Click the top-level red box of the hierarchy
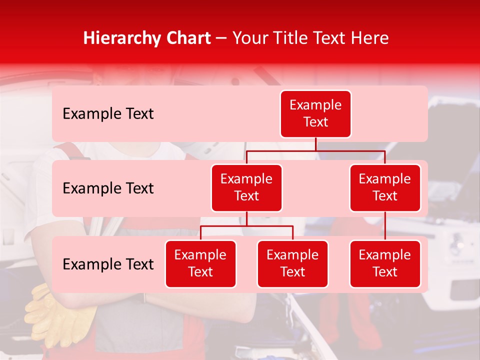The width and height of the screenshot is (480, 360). (315, 113)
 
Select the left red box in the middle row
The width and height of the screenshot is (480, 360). (246, 187)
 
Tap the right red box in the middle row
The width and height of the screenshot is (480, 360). (385, 187)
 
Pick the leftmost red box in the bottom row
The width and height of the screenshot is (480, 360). (200, 263)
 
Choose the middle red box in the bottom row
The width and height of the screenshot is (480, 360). (292, 263)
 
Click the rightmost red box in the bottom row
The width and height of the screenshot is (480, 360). (385, 263)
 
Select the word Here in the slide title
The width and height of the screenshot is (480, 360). (369, 38)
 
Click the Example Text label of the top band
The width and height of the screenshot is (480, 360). (108, 114)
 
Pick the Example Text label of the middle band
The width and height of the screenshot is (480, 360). (108, 188)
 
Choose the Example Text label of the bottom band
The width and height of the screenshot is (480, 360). (108, 264)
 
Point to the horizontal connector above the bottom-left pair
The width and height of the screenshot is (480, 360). (246, 226)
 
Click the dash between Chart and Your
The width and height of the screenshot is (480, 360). (221, 38)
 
